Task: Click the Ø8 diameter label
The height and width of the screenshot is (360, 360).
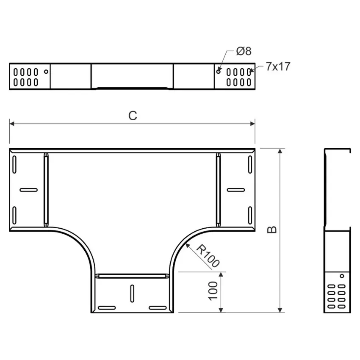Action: pos(244,51)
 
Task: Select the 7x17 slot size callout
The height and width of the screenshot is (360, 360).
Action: pos(278,66)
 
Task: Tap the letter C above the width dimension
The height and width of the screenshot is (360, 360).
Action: pos(133,116)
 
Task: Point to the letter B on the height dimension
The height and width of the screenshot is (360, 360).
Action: pos(272,230)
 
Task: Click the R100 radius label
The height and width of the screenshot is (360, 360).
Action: pos(208,256)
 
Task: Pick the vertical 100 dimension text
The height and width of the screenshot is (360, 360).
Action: pos(213,291)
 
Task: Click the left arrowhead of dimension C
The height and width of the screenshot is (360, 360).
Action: pos(12,124)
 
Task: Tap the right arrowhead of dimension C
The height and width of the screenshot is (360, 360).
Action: pos(252,124)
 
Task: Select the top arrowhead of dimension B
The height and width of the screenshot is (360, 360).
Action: pos(280,151)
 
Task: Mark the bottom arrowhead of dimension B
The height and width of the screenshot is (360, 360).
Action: pos(280,310)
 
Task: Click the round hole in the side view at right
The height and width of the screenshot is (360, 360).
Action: pos(342,276)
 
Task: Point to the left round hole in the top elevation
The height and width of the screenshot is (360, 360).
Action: pos(46,72)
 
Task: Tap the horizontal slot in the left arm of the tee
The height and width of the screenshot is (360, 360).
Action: pos(29,190)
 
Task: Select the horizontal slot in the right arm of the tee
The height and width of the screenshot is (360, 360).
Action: pos(236,190)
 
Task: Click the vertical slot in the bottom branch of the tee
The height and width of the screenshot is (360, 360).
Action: pos(132,294)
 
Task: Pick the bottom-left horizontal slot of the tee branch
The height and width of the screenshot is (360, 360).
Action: pos(107,307)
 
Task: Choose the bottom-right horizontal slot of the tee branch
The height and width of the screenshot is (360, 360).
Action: pos(158,307)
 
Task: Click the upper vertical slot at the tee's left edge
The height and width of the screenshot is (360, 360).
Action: pos(14,164)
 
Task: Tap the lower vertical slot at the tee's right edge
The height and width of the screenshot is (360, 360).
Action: pos(250,215)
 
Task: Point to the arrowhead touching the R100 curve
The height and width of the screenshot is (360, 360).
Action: pos(188,245)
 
